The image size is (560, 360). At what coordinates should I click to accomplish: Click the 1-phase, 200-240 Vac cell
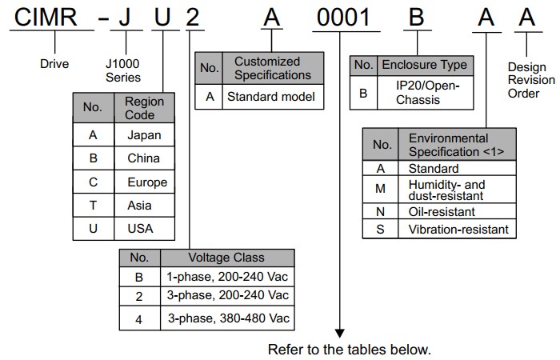pos(226,276)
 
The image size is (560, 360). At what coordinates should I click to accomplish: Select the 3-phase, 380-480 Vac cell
pos(226,318)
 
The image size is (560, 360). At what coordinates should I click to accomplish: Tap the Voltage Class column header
pos(226,258)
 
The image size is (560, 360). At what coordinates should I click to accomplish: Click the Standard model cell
pos(272,97)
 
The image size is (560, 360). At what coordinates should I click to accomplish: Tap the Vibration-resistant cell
pos(458,230)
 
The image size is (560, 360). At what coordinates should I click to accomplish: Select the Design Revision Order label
pos(530,80)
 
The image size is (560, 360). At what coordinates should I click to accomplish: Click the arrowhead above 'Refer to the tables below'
pos(340,331)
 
